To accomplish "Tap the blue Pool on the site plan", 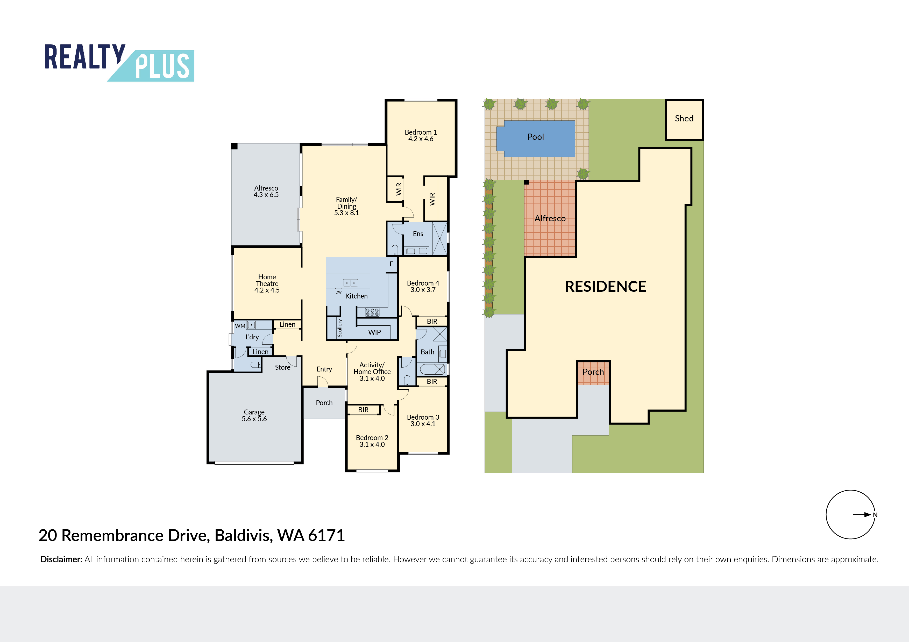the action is coord(536,138).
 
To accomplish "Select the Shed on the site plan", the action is coord(684,119).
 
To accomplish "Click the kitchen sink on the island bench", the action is coord(350,283).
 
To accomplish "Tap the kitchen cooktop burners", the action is coord(372,312).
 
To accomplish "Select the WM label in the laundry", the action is coord(240,326).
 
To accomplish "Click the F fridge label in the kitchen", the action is coord(391,264).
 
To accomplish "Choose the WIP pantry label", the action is coord(374,332).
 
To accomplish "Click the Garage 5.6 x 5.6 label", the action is coord(254,415).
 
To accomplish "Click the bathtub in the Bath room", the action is coord(432,369).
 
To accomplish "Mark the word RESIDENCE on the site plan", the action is coord(605,286).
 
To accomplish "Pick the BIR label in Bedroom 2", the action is coord(364,410).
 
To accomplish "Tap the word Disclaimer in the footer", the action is coord(61,559).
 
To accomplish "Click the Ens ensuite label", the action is coord(418,234).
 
